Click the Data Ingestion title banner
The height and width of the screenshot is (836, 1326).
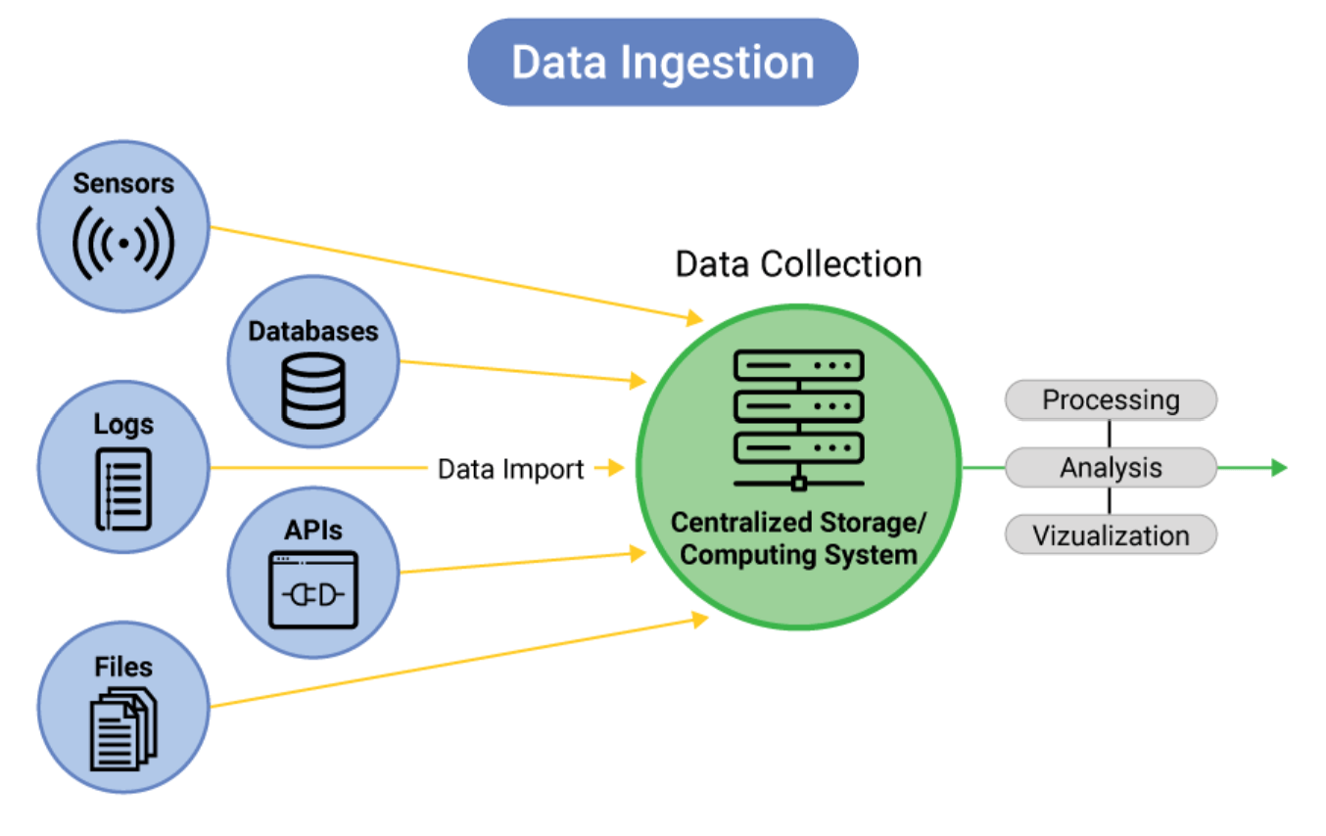(x=663, y=63)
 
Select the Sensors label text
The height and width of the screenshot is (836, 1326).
(x=123, y=183)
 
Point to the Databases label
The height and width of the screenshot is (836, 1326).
(x=313, y=331)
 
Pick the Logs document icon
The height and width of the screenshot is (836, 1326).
(x=123, y=488)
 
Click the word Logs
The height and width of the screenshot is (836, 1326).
(x=123, y=424)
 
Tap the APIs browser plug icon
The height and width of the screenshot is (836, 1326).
(x=313, y=590)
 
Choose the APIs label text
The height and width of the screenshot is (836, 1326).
(x=313, y=530)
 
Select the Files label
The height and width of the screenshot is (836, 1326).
(x=123, y=668)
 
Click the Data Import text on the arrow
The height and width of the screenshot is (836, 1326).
(x=510, y=469)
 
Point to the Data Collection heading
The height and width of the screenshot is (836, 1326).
(x=798, y=264)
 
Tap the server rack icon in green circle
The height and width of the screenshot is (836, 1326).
(x=799, y=419)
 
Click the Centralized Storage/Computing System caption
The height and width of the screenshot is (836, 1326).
(x=798, y=538)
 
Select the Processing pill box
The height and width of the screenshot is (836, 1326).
(x=1111, y=400)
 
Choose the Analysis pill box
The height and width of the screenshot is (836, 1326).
(x=1111, y=468)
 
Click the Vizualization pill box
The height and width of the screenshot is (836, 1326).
(x=1111, y=535)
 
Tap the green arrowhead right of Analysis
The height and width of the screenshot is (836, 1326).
(x=1278, y=468)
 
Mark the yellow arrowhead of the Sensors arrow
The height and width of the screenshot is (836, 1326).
(x=694, y=317)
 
